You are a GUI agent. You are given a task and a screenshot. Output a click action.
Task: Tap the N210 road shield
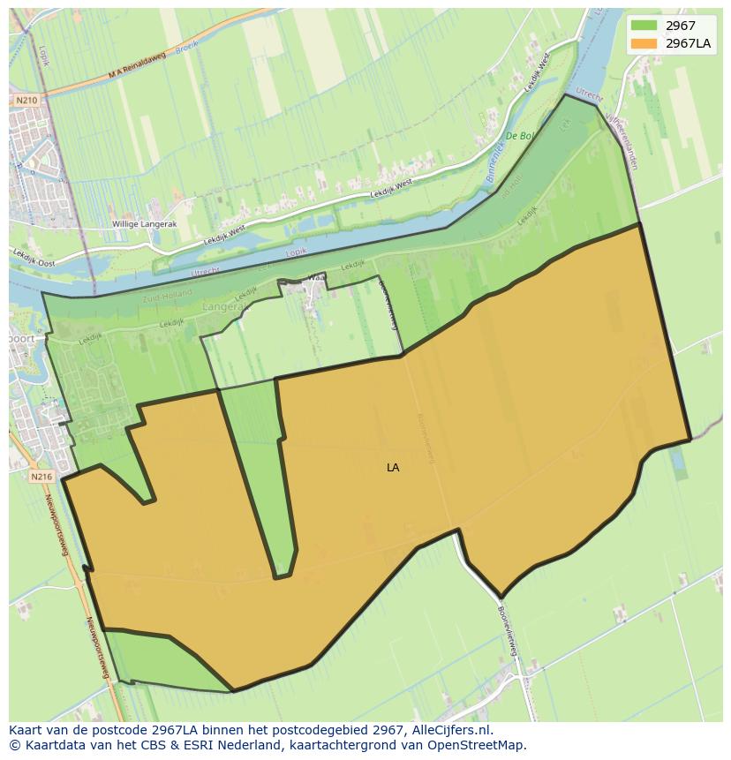26,101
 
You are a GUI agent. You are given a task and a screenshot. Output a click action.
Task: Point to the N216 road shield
41,477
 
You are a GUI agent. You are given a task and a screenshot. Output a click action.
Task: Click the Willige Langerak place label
145,224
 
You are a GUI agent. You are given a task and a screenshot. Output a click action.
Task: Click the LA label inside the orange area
393,468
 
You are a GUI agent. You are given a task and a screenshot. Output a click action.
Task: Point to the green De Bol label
521,136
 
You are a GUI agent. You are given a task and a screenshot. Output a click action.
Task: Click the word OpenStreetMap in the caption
474,745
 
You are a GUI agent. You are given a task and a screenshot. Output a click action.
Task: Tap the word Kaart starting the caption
26,730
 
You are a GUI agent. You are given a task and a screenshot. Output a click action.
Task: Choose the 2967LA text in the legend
690,43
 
